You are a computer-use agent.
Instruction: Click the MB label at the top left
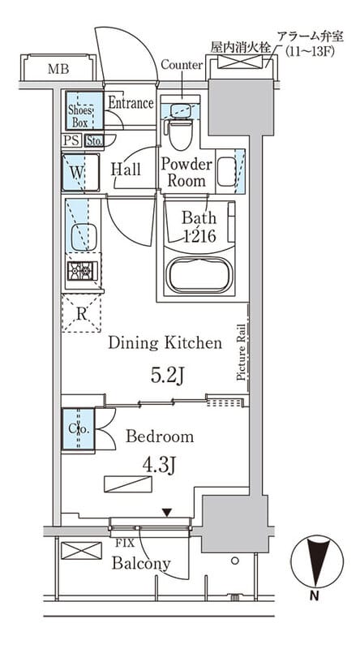58,69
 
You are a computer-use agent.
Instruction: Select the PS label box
71,140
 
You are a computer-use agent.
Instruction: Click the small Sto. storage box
94,140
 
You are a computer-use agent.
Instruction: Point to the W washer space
80,172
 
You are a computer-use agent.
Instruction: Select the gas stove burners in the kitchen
82,271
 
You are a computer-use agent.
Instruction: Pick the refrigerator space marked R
82,313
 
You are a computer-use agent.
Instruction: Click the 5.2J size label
167,376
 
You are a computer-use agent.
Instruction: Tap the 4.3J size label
160,465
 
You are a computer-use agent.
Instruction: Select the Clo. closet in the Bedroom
79,429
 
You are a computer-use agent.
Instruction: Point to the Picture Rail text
242,352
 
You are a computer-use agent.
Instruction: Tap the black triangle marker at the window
167,513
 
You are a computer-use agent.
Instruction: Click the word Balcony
141,564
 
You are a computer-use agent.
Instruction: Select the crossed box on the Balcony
82,551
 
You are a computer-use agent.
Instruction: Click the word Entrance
131,102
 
